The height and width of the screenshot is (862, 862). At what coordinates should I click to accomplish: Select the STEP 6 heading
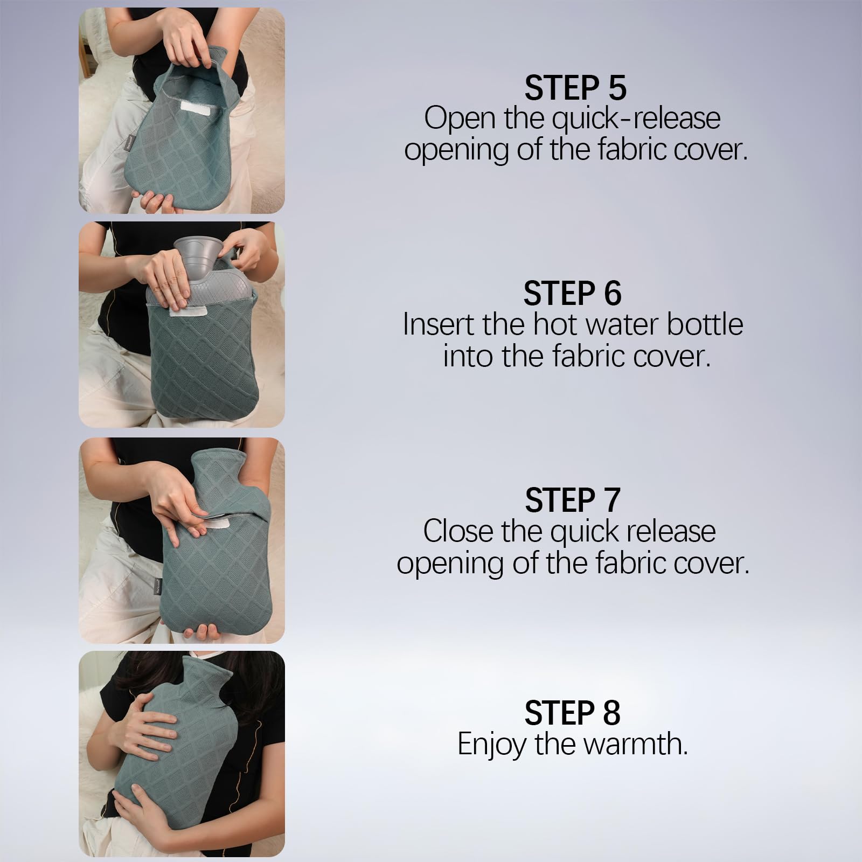point(572,294)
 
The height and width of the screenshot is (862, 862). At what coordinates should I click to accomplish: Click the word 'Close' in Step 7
point(457,531)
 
